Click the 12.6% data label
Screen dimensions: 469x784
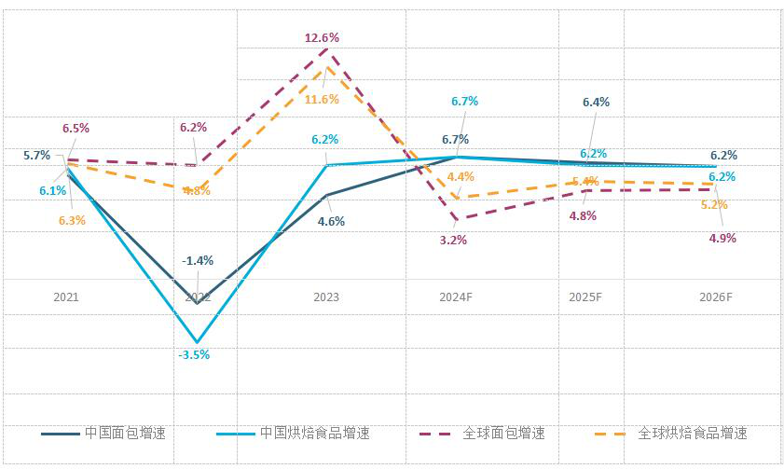coord(322,38)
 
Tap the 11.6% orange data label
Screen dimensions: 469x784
coord(322,99)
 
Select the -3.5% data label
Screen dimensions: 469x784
coord(194,354)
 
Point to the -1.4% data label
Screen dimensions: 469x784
coord(198,260)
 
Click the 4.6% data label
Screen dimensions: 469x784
coord(330,222)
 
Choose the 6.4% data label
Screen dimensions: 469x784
coord(596,102)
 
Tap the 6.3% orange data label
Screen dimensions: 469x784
coord(71,221)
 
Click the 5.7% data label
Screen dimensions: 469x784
coord(36,156)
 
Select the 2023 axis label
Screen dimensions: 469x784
coord(326,297)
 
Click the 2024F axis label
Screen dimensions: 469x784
coord(457,297)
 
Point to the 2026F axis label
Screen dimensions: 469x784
coord(716,297)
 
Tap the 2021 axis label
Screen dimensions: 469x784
coord(65,297)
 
